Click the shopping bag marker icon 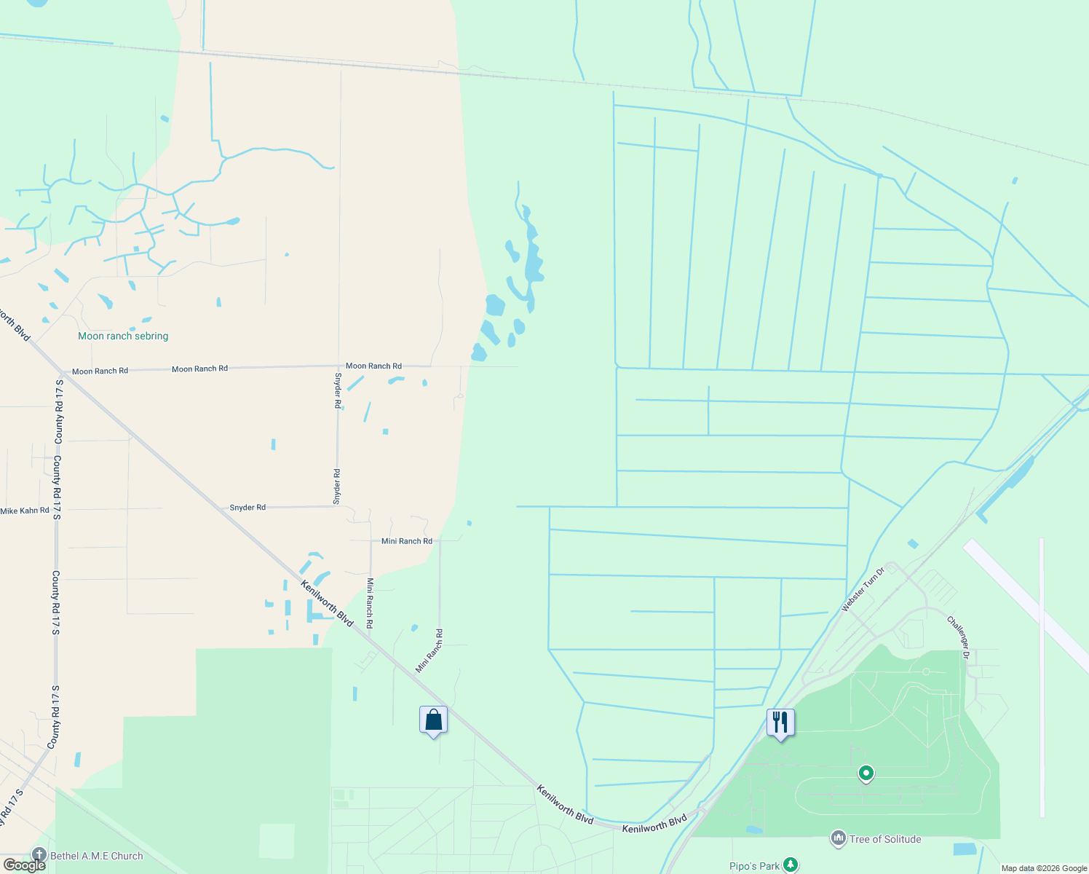coord(433,720)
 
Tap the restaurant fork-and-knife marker coord(780,723)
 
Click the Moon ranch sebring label coord(123,336)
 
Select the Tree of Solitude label coord(884,839)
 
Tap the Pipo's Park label coord(754,866)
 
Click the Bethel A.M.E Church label coord(97,856)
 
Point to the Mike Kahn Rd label coord(25,511)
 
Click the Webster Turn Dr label coord(862,589)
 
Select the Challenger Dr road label coord(958,637)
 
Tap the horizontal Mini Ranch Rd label coord(407,541)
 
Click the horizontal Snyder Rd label coord(247,508)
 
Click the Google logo coord(24,865)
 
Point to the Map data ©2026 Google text coord(1044,868)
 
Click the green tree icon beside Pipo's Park coord(791,865)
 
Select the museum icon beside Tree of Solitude coord(839,839)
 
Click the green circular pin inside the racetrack coord(866,773)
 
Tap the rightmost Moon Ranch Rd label coord(373,366)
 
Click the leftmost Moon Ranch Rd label coord(100,371)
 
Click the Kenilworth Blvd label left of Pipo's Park coord(654,824)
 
